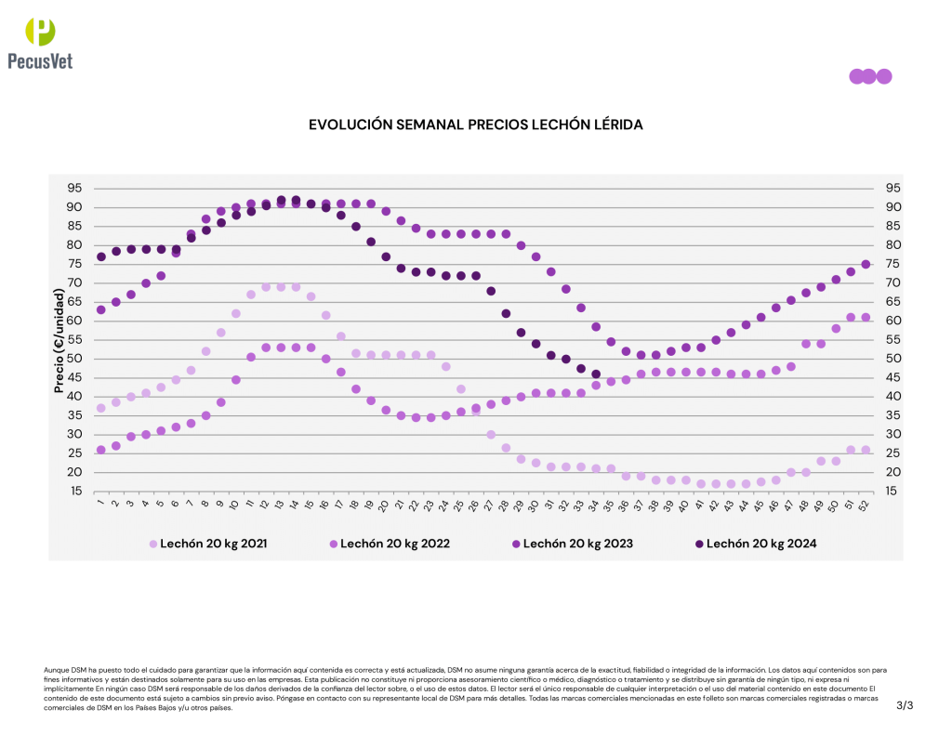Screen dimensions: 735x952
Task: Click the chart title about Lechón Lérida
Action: click(x=475, y=125)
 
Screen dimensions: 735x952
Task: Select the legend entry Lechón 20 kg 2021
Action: click(x=209, y=544)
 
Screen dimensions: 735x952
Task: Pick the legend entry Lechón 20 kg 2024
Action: click(x=754, y=544)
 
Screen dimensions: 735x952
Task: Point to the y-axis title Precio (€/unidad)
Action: click(x=59, y=340)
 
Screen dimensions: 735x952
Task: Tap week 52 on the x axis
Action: click(x=865, y=505)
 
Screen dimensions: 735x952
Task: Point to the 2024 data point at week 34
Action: click(x=596, y=374)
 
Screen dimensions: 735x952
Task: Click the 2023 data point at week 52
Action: click(x=866, y=264)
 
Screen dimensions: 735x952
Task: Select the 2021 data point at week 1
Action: click(x=100, y=408)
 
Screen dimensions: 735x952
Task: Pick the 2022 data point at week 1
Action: click(x=100, y=450)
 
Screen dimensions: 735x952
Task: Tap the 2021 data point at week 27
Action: click(x=491, y=435)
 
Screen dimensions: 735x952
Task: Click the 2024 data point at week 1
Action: click(x=100, y=256)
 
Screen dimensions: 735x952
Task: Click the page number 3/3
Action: click(x=905, y=706)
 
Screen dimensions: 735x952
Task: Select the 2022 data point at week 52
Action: click(x=866, y=317)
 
